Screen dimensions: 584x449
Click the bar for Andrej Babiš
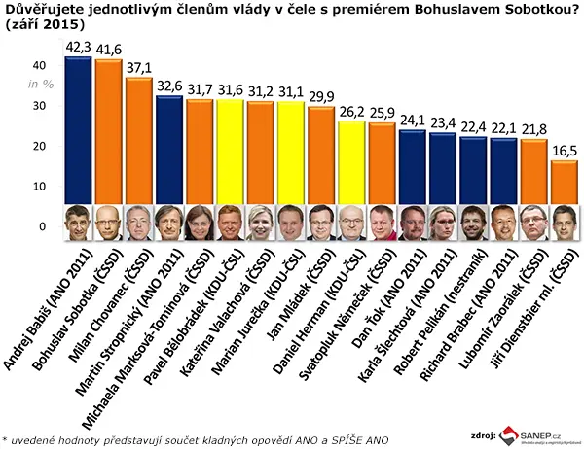[78, 130]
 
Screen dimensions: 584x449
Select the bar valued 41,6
[108, 131]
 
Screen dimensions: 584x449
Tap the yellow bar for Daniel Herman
[352, 162]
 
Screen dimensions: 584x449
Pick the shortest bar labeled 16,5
[565, 183]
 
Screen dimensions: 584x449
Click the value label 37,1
[139, 68]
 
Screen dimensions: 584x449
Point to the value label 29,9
[322, 97]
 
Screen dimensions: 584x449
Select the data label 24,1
[413, 121]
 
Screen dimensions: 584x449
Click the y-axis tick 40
[39, 65]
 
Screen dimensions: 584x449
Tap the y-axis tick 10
[39, 187]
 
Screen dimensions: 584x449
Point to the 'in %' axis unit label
[41, 85]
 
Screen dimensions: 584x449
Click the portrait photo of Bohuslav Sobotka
[108, 223]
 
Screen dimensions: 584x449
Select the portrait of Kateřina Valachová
[261, 223]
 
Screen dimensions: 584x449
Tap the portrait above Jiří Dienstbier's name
[565, 223]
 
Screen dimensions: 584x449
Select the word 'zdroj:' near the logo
[483, 435]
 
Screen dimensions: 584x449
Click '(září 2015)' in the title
[43, 24]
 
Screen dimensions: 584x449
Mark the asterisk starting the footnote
[4, 439]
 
